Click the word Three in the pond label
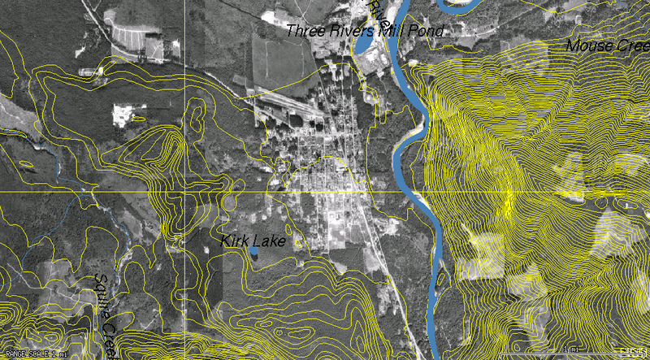click(308, 32)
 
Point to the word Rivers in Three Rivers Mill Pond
click(349, 32)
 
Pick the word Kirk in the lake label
click(236, 241)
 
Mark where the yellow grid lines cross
click(185, 192)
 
